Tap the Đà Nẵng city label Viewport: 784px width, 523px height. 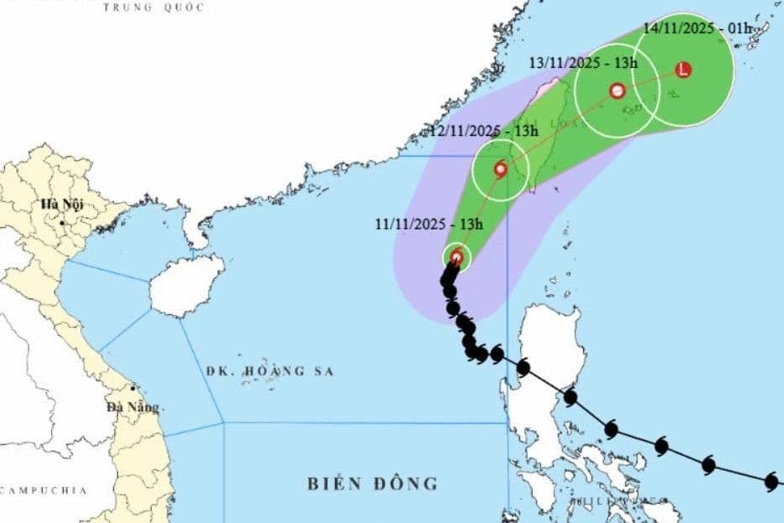pyautogui.click(x=132, y=406)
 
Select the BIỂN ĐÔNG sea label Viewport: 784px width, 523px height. pyautogui.click(x=372, y=484)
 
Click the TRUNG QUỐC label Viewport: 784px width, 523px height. pyautogui.click(x=153, y=8)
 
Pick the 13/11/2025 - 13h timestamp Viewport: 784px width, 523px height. pyautogui.click(x=584, y=63)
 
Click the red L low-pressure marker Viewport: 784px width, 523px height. pyautogui.click(x=684, y=70)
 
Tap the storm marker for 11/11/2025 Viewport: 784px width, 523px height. pyautogui.click(x=456, y=257)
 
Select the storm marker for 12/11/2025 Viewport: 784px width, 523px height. pyautogui.click(x=501, y=169)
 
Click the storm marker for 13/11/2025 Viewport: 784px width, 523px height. pyautogui.click(x=617, y=91)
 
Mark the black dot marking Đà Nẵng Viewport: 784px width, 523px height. pyautogui.click(x=132, y=389)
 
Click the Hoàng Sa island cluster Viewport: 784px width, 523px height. pyautogui.click(x=268, y=386)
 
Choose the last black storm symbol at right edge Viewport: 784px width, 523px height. pyautogui.click(x=771, y=481)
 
